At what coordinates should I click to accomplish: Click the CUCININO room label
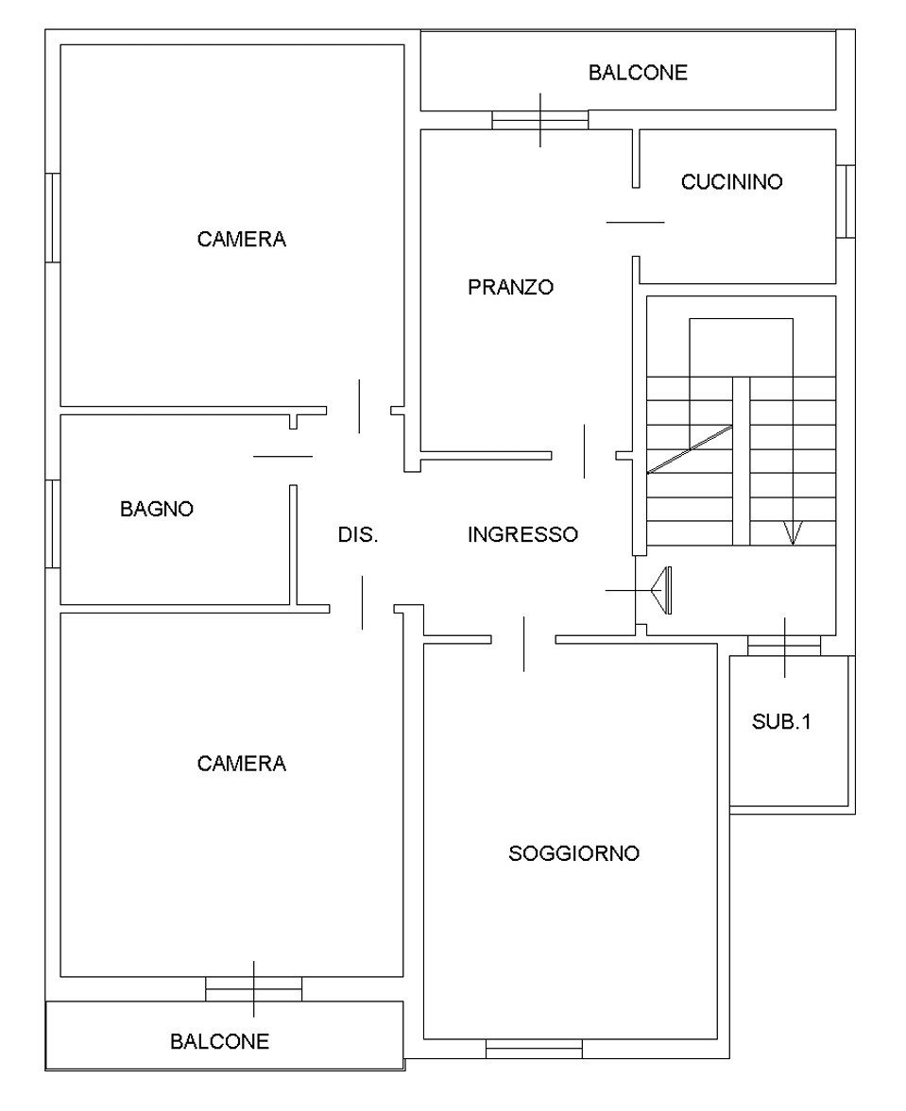(731, 182)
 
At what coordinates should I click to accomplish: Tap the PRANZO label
(510, 287)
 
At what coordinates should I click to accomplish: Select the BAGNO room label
(157, 509)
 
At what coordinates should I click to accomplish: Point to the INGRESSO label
(523, 534)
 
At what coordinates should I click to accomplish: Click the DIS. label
(358, 534)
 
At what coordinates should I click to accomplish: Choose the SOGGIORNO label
(574, 853)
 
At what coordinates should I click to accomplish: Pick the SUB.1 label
(781, 721)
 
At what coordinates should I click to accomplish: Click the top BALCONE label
(638, 73)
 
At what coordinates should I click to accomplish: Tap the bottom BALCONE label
(220, 1041)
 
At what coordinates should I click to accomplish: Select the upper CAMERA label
(242, 239)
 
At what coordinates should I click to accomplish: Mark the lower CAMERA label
(242, 763)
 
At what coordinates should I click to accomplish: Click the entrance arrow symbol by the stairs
(661, 590)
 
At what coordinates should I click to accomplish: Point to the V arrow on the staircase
(793, 532)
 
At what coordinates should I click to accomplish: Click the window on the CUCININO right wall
(846, 201)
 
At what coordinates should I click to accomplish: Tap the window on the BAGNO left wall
(53, 524)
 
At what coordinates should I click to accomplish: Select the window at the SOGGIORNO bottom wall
(534, 1049)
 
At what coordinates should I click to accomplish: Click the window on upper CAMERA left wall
(53, 217)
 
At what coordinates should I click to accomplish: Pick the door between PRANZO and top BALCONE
(540, 121)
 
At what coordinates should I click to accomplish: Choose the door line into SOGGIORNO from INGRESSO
(524, 644)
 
